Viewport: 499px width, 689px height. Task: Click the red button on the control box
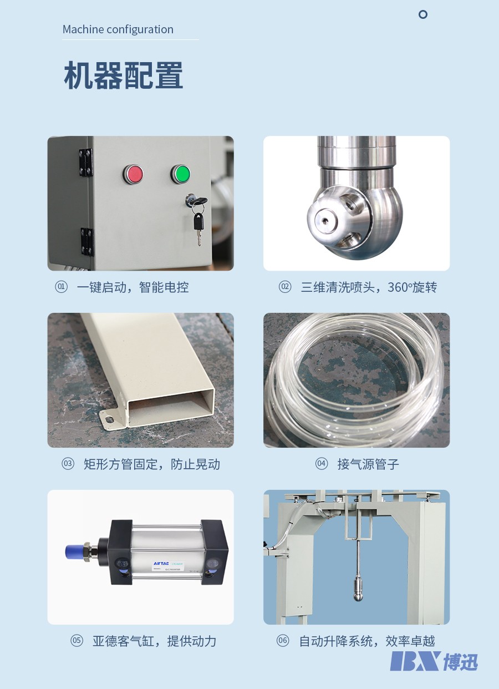coord(133,174)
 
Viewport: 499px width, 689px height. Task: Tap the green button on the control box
coord(180,174)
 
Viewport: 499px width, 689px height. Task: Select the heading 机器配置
coord(123,76)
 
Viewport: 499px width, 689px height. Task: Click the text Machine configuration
coord(118,29)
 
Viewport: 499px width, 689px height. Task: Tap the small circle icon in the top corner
coord(423,14)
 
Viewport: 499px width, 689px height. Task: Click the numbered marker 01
coord(61,287)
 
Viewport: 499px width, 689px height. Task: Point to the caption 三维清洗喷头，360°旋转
coord(369,287)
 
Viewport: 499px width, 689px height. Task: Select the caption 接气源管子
coord(368,464)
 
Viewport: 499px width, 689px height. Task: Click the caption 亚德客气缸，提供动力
coord(154,641)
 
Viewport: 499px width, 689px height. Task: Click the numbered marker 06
coord(283,641)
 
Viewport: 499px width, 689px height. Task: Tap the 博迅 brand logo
coord(434,661)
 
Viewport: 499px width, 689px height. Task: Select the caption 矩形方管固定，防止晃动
coord(151,464)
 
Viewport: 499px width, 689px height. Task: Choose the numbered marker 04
coord(322,464)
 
